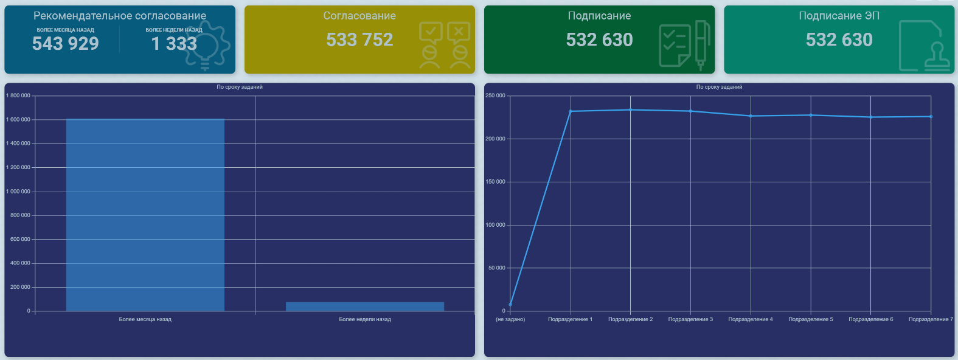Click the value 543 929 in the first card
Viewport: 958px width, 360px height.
coord(65,44)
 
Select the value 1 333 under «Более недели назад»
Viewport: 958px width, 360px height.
coord(174,44)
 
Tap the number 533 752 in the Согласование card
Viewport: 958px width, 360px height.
coord(359,40)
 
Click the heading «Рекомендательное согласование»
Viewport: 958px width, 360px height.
coord(120,16)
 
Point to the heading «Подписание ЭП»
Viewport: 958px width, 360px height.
coord(839,16)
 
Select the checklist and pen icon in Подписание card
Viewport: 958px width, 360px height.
coord(684,46)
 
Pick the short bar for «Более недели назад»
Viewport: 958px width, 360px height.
coord(365,306)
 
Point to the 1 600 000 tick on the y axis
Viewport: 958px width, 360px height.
coord(18,120)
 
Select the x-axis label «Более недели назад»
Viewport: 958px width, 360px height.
coord(365,319)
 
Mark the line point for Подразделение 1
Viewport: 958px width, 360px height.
coord(571,111)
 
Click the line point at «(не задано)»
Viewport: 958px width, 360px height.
coord(510,304)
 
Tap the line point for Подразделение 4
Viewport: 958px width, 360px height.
coord(751,116)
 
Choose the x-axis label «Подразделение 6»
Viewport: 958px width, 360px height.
coord(870,319)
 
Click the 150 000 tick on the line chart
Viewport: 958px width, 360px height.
coord(495,182)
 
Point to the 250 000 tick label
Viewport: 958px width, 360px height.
coord(495,95)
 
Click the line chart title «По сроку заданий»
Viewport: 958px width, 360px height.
coord(719,87)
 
